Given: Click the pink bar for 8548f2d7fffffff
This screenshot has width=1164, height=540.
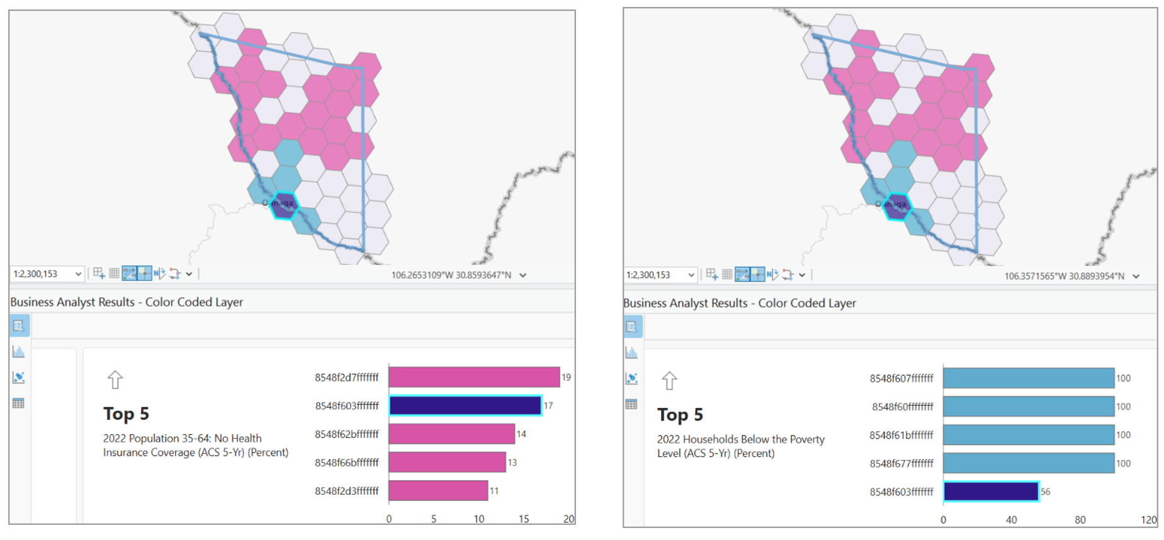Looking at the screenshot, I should click(474, 377).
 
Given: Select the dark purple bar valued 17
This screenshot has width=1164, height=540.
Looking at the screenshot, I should click(465, 406).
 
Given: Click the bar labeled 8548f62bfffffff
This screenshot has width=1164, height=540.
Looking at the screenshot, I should click(451, 434).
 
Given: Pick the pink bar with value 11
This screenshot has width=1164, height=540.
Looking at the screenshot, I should click(438, 491).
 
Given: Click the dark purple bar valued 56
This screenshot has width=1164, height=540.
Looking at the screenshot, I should click(991, 492).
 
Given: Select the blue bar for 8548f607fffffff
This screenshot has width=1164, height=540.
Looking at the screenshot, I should click(1029, 378).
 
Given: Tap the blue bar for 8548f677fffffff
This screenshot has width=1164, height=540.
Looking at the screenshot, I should click(1029, 463).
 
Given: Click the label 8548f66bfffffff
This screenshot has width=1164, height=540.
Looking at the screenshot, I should click(347, 463).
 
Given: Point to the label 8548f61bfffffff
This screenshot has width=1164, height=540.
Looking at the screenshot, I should click(901, 435).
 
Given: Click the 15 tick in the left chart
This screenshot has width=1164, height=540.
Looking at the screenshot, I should click(524, 519).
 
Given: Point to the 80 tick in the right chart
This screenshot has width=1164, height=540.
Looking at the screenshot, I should click(1080, 520).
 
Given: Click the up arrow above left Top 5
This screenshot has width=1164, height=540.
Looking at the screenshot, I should click(115, 380).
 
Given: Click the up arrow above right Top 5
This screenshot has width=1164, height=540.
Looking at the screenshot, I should click(669, 381).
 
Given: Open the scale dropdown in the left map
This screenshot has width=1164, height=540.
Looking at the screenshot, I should click(78, 274).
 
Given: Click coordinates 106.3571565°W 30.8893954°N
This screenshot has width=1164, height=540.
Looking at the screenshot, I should click(1064, 276).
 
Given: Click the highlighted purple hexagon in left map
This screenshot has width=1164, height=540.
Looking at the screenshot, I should click(284, 205).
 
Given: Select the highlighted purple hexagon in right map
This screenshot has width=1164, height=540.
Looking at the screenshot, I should click(896, 206).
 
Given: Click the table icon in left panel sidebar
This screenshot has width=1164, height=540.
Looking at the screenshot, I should click(18, 403).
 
